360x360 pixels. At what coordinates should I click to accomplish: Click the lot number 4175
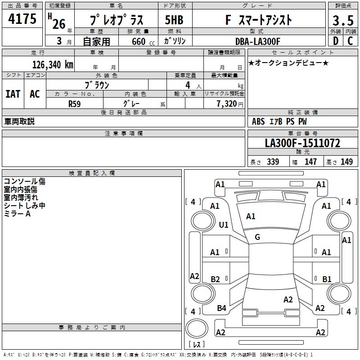click(x=23, y=19)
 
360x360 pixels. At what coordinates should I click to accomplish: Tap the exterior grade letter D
click(x=335, y=41)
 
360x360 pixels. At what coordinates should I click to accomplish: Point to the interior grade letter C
click(x=350, y=41)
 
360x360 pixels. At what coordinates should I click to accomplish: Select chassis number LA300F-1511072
click(x=302, y=144)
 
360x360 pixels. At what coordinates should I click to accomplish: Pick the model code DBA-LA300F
click(x=257, y=41)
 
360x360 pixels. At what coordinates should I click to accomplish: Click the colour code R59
click(x=75, y=103)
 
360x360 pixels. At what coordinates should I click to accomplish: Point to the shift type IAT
click(x=13, y=94)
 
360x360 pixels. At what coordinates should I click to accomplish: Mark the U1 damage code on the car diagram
click(x=223, y=225)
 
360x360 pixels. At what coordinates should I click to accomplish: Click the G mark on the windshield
click(x=257, y=237)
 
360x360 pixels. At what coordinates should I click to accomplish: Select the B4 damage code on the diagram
click(x=221, y=308)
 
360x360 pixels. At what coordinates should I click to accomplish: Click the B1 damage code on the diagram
click(x=327, y=279)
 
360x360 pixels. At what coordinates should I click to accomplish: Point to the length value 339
click(x=272, y=162)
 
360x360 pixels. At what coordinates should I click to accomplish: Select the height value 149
click(x=346, y=162)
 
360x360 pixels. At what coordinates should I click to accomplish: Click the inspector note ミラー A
click(x=17, y=214)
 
